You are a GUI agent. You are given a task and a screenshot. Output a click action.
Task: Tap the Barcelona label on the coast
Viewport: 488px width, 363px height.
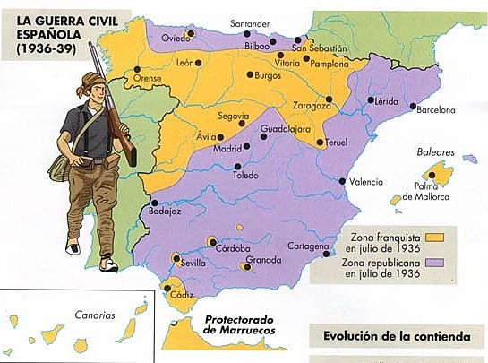pyautogui.click(x=436, y=110)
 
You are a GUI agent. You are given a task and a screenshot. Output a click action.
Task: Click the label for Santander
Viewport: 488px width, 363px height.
pyautogui.click(x=250, y=22)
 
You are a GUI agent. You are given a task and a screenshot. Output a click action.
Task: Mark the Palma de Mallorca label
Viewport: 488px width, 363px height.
pyautogui.click(x=432, y=190)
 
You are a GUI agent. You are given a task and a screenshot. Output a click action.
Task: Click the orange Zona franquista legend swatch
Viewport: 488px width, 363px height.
pyautogui.click(x=436, y=237)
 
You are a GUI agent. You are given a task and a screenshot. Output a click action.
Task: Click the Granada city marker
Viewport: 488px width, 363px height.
pyautogui.click(x=247, y=264)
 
